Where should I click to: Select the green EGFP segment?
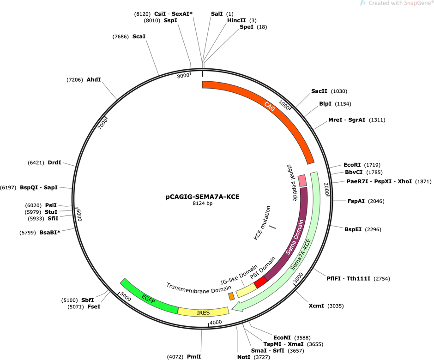point(148,298)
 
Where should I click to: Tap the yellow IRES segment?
point(203,312)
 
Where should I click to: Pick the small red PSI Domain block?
point(260,283)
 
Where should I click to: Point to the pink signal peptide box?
point(302,180)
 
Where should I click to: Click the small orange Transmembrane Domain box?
point(231,296)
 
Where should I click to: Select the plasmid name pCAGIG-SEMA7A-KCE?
point(202,197)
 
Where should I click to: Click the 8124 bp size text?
point(203,204)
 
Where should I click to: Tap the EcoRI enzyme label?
point(352,165)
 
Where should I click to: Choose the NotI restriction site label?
point(244,357)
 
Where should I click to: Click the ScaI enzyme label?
point(139,36)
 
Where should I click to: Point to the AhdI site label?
point(94,80)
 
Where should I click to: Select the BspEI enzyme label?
point(353,229)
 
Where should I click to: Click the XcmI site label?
point(316,306)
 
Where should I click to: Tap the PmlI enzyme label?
point(194,357)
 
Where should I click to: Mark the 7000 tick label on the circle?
point(103,123)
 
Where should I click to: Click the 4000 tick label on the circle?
point(216,322)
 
